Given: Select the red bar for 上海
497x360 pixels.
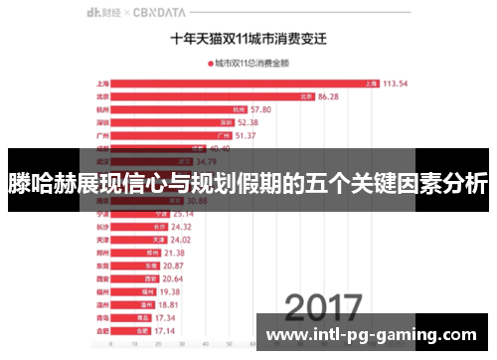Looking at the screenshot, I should pos(248,84).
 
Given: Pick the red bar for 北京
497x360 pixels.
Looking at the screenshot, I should pos(215,96).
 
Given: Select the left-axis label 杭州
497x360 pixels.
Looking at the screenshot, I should pos(102,109).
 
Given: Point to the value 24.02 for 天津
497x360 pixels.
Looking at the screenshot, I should pos(181,239).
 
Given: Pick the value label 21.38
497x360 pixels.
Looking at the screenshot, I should pos(176,253).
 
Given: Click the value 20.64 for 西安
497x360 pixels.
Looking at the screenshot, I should pos(176,278).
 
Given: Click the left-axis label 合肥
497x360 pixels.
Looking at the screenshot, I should pos(102,329).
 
